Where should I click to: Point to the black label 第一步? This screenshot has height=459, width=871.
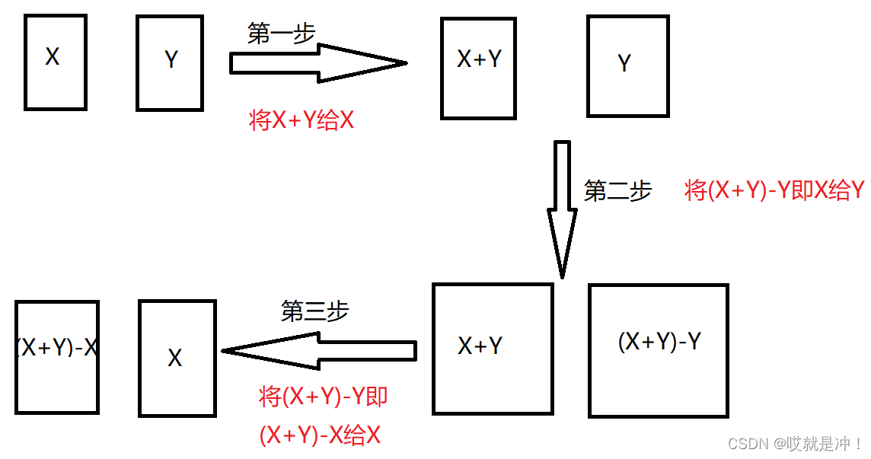[281, 33]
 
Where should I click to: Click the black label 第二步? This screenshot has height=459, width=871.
[617, 190]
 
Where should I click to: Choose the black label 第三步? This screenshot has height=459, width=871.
[314, 311]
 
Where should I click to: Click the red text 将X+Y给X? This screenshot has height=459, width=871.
[301, 120]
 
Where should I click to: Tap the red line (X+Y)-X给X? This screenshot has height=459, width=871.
[320, 435]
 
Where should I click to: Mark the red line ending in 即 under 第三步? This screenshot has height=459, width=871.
[324, 397]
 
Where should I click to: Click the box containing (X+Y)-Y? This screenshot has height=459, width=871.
[659, 350]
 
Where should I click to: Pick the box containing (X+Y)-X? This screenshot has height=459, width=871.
[57, 357]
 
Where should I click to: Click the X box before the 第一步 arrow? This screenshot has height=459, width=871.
[55, 62]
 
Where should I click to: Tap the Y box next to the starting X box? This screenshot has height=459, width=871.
[170, 63]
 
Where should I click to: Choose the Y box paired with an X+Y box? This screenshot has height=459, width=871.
[627, 67]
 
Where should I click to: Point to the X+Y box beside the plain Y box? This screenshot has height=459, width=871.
[478, 69]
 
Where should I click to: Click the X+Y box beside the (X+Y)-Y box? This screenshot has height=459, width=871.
[492, 349]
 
